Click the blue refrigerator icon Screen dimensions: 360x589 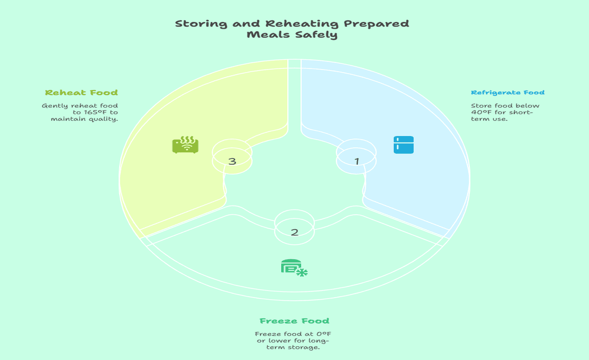click(x=403, y=145)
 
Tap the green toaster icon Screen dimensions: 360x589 click(x=185, y=145)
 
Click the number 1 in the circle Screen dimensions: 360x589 click(x=357, y=161)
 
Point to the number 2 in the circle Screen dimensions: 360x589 click(x=294, y=232)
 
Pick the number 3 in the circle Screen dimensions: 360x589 click(x=232, y=162)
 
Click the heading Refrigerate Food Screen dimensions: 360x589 click(x=507, y=93)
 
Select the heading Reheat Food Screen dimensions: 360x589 click(x=81, y=93)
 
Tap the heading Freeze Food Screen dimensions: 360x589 click(x=294, y=321)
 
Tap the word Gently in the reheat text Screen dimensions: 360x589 click(x=54, y=106)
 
